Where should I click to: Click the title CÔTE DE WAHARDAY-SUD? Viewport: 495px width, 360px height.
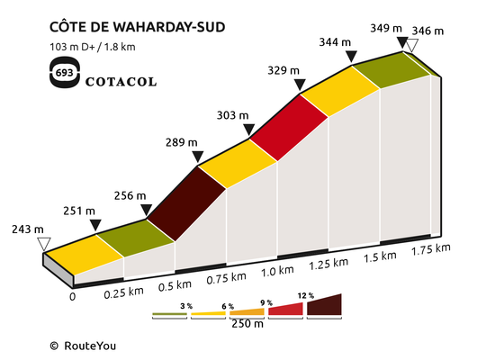click(138, 26)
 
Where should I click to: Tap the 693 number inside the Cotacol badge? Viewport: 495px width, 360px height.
click(65, 73)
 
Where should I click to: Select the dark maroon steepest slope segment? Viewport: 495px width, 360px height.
click(186, 204)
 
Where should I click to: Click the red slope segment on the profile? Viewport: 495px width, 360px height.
click(289, 128)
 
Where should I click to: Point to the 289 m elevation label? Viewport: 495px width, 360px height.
click(182, 142)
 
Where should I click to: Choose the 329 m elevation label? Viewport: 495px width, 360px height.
click(283, 70)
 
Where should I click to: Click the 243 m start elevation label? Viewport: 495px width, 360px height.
click(28, 229)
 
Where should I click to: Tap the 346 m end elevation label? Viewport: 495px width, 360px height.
click(427, 31)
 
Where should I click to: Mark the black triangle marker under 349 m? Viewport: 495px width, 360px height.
click(402, 42)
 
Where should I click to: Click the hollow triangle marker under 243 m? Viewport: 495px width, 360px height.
click(44, 244)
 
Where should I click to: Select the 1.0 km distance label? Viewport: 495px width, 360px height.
click(277, 271)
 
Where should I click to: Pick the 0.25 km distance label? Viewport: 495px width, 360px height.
click(124, 292)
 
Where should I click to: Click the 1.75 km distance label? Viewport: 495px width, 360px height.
click(431, 249)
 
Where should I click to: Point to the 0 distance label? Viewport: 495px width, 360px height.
click(73, 297)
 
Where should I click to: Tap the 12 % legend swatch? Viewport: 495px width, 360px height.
click(324, 305)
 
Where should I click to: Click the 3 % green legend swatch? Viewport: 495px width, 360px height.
click(169, 314)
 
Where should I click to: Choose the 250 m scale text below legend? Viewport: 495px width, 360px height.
click(247, 324)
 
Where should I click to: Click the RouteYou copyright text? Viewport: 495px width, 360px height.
click(83, 346)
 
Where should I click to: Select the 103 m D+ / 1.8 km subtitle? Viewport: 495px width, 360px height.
click(93, 47)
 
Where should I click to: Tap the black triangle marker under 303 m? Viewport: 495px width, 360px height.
click(249, 130)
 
